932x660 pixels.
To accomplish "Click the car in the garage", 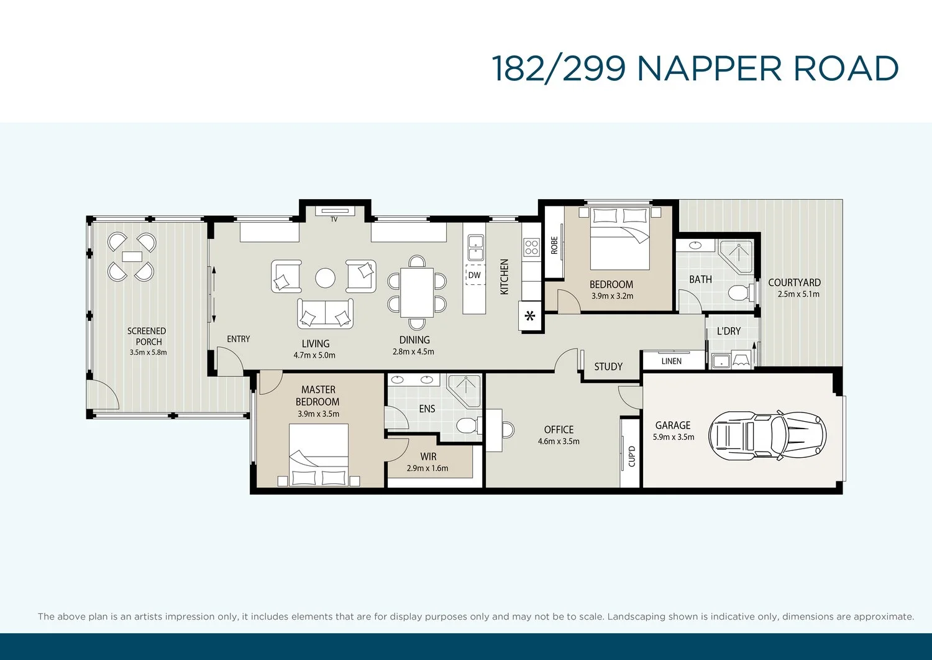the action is [767, 436].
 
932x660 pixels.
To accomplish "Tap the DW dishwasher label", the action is [474, 275].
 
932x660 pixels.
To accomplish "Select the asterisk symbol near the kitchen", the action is [529, 316].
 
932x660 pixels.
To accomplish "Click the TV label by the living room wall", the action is [334, 219].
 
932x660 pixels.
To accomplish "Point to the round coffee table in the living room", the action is [325, 277].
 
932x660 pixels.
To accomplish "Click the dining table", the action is [416, 292].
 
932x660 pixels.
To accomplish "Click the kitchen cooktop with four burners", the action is [531, 247].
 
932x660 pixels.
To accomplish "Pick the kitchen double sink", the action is [475, 248].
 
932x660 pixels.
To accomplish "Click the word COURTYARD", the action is [794, 282].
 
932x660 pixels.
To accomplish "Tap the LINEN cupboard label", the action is [672, 361].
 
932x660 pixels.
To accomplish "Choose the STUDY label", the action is [608, 366].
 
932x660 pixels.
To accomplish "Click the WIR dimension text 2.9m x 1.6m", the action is [427, 468].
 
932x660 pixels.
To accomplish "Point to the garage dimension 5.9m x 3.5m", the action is [674, 437].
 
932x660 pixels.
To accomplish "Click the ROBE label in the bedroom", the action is [554, 246].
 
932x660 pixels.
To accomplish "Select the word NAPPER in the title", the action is [710, 68].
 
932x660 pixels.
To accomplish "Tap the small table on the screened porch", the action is [132, 256].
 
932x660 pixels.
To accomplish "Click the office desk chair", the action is [508, 429].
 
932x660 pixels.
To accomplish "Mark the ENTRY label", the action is [239, 339].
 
